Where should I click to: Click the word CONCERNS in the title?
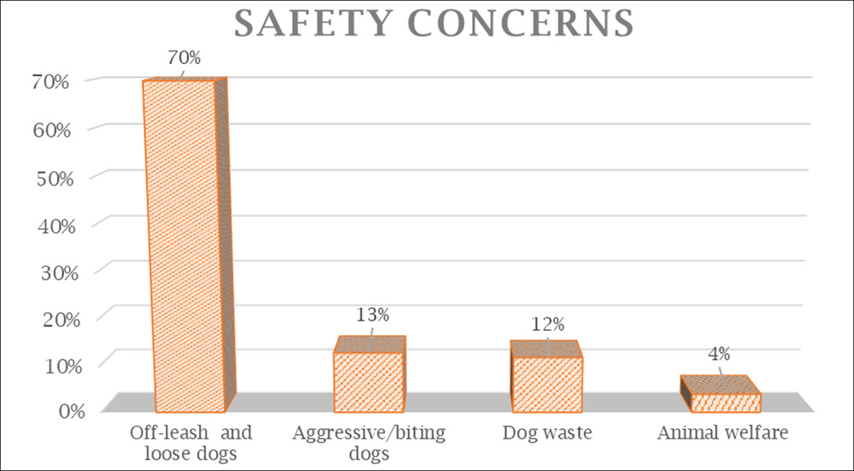[x=515, y=23]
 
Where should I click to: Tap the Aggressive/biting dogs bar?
[x=368, y=381]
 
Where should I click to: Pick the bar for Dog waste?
[x=547, y=383]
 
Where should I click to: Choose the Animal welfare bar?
[x=725, y=403]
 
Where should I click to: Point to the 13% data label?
[x=373, y=315]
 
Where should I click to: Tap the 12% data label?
[x=547, y=324]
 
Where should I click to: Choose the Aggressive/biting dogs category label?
[x=369, y=442]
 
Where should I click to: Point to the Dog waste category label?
[x=547, y=433]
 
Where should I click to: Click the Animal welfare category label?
[x=722, y=433]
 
